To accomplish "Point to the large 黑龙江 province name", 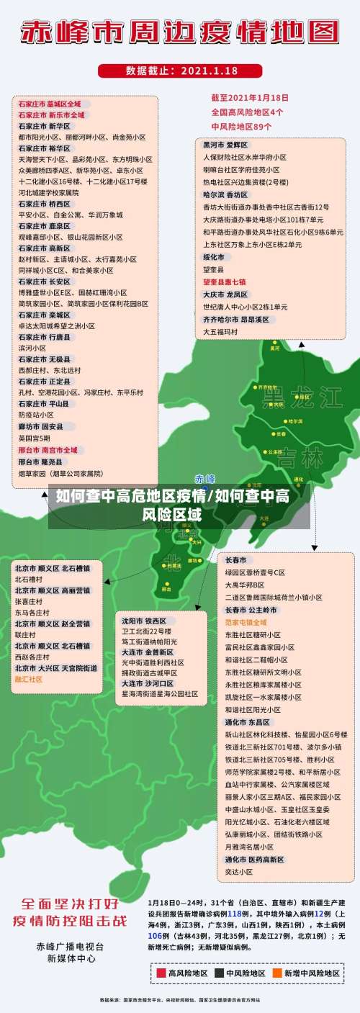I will tap(302, 397).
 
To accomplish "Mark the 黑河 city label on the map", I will tap(275, 348).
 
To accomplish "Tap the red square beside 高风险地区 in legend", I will tap(161, 973).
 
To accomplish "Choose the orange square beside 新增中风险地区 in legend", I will tap(276, 973).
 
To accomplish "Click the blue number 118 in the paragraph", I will tap(235, 913).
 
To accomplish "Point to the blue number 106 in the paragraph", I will tap(154, 935).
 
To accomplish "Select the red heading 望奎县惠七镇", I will tap(224, 282).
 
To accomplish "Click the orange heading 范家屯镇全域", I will tap(246, 621).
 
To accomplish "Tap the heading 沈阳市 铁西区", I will tap(144, 620).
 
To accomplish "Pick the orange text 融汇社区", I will tap(29, 679).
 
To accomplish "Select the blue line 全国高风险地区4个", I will tap(247, 112).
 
